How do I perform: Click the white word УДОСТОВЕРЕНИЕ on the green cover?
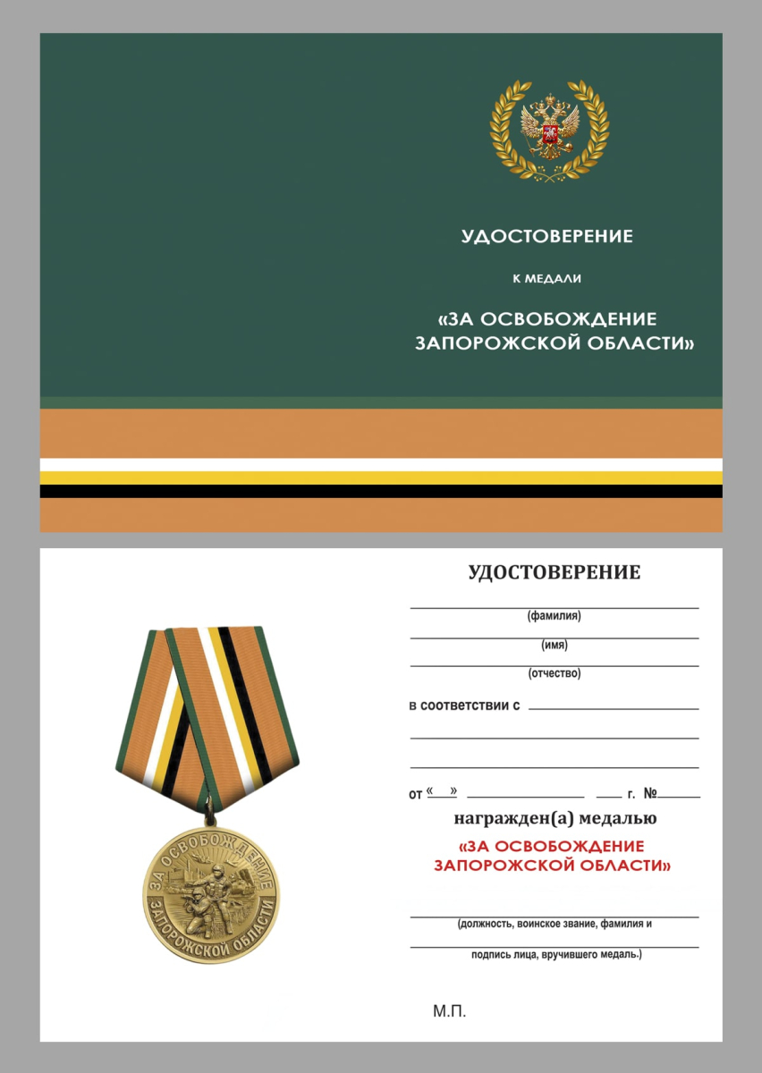click(546, 237)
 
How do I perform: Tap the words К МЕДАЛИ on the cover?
click(546, 279)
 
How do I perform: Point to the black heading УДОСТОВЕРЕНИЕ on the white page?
click(555, 573)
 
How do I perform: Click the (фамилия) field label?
click(555, 616)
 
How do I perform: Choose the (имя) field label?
click(555, 646)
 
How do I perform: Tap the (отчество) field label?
click(555, 673)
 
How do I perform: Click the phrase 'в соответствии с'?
click(464, 705)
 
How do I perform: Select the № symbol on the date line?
click(650, 793)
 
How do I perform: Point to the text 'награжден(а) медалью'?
click(555, 818)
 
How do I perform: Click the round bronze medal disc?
click(211, 893)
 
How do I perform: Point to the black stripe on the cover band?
click(381, 491)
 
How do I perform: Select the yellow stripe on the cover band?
click(381, 477)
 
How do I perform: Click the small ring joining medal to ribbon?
click(211, 815)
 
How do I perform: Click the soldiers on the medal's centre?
click(207, 899)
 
